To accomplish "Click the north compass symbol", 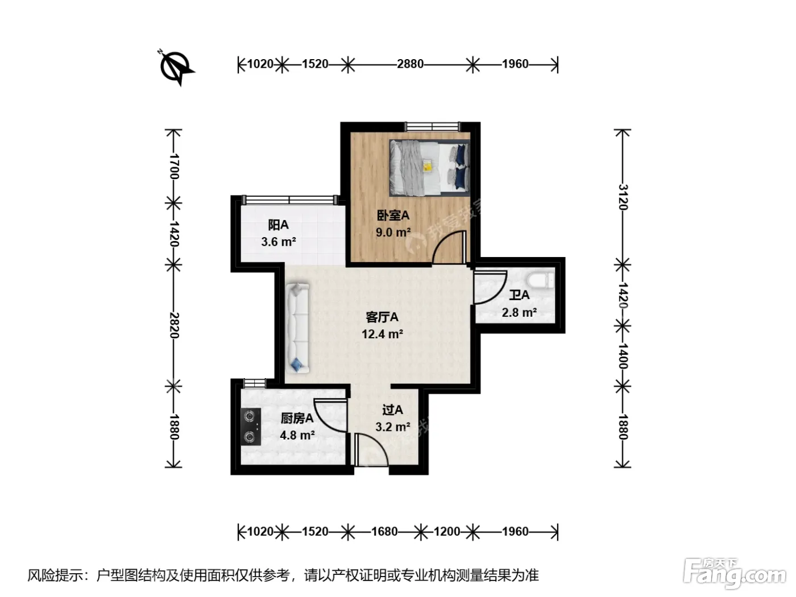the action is [176, 68].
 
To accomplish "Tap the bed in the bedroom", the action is [429, 168].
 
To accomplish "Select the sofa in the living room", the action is [297, 328].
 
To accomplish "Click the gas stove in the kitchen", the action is [251, 426].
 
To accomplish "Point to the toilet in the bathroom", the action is [541, 281].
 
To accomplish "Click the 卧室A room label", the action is [393, 215].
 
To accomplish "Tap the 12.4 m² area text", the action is [382, 334].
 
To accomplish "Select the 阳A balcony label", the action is [278, 225].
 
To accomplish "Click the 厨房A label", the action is [297, 418].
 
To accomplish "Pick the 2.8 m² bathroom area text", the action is [519, 312].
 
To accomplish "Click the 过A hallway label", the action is [392, 410].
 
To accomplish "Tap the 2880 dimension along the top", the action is [410, 64].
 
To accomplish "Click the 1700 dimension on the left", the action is [174, 167].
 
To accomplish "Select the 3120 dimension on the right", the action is [623, 197].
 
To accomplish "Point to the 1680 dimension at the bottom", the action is [384, 532].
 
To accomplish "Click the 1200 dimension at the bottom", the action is [447, 532].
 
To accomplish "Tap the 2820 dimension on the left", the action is [174, 325].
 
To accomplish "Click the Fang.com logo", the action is [735, 574].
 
